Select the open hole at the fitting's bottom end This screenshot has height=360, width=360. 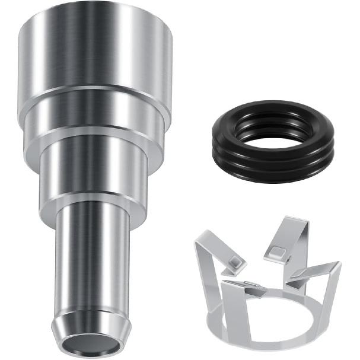[91, 343]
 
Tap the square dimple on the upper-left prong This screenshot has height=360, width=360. [235, 262]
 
